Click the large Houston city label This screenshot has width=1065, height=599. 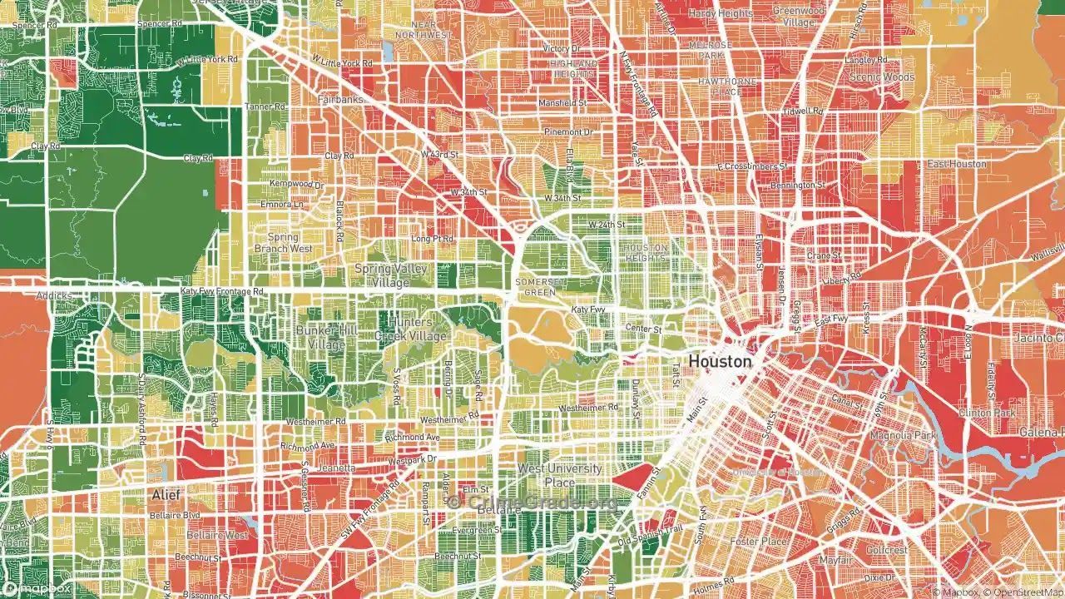720,362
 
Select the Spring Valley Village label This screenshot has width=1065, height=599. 391,275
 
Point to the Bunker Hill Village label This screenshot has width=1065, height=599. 326,337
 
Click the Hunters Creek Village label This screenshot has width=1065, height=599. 403,329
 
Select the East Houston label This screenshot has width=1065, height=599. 957,164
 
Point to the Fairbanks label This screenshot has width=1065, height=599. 339,99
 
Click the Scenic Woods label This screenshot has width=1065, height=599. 881,77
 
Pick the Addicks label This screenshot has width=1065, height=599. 54,295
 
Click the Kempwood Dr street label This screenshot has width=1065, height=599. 297,184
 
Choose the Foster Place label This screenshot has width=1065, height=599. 759,542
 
